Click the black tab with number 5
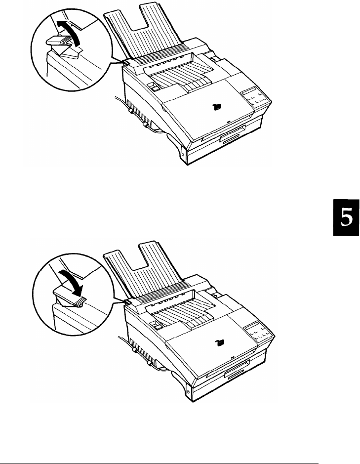coord(345,220)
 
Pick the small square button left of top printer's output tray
coord(153,88)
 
